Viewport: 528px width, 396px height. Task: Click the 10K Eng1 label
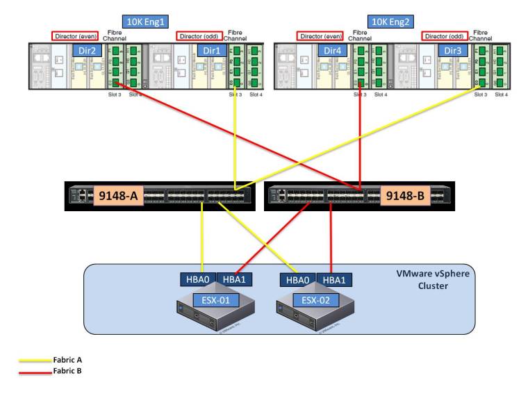(145, 22)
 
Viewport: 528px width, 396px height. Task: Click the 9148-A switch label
(119, 196)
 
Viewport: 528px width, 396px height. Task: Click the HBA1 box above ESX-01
(234, 279)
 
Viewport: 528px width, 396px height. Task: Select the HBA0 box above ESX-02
(298, 279)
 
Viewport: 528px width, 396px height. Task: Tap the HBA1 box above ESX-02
(334, 279)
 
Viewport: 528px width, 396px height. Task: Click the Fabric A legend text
(67, 360)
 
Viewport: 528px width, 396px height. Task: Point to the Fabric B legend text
(67, 371)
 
